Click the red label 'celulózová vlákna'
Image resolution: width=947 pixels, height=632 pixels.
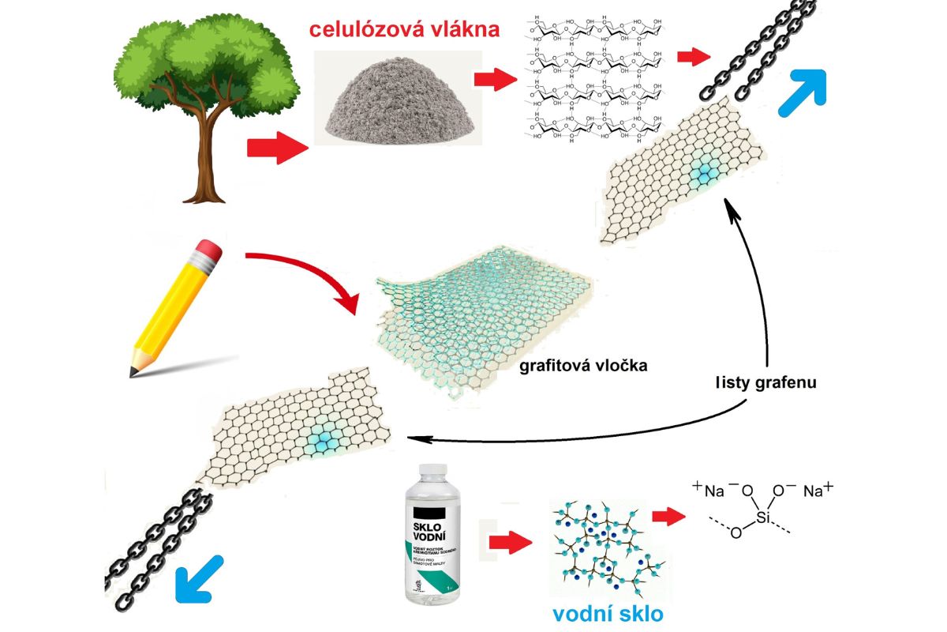coord(404,31)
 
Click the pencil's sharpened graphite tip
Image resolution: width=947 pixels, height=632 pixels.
coord(135,371)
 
